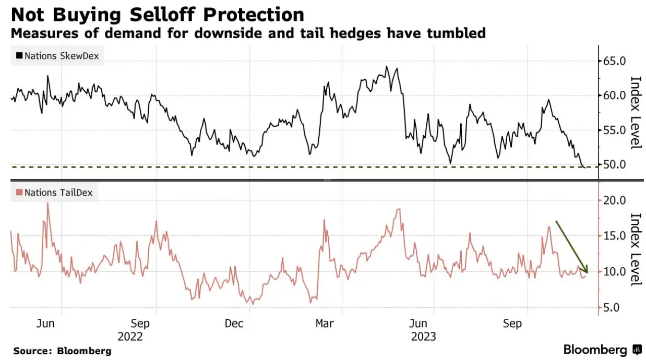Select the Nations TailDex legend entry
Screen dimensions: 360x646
click(x=54, y=193)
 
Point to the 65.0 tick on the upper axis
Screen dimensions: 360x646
click(x=614, y=61)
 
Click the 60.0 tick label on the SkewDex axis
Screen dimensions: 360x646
click(x=614, y=95)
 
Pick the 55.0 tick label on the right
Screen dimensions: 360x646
click(x=614, y=130)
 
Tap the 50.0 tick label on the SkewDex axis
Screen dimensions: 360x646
click(x=614, y=165)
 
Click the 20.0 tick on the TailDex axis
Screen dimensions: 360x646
click(x=614, y=200)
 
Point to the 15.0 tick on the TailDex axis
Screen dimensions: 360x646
click(x=614, y=236)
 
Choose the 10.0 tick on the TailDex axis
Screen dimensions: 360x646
click(x=614, y=271)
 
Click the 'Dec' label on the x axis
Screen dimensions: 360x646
click(x=234, y=324)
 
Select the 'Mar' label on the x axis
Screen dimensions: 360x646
click(x=325, y=324)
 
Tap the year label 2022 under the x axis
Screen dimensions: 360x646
click(x=131, y=337)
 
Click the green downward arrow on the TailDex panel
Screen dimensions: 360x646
click(x=572, y=247)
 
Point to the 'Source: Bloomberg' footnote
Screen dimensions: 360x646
click(x=62, y=351)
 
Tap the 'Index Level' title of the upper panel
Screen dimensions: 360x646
click(x=635, y=112)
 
